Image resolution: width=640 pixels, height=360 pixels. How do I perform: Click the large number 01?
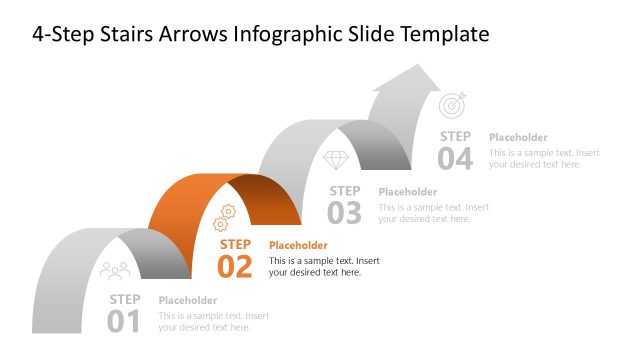pyautogui.click(x=124, y=321)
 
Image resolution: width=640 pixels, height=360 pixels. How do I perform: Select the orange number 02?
pyautogui.click(x=235, y=267)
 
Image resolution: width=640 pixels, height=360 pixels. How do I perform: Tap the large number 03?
pyautogui.click(x=344, y=212)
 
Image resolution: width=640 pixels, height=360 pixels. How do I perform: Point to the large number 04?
pyautogui.click(x=454, y=158)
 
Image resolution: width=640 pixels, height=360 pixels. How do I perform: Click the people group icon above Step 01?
pyautogui.click(x=115, y=270)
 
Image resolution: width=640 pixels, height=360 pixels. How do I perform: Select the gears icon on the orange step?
pyautogui.click(x=225, y=216)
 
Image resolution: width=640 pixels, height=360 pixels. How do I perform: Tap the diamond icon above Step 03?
pyautogui.click(x=335, y=160)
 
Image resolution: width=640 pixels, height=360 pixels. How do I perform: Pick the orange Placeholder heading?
pyautogui.click(x=298, y=245)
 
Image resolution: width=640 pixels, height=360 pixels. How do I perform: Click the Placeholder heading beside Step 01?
pyautogui.click(x=188, y=300)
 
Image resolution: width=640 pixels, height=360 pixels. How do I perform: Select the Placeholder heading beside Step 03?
pyautogui.click(x=408, y=191)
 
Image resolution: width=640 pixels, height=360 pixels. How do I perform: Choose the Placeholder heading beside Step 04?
pyautogui.click(x=518, y=137)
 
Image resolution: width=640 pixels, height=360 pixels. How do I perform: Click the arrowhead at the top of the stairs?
pyautogui.click(x=416, y=78)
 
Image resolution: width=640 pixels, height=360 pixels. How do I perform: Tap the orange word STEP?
pyautogui.click(x=235, y=244)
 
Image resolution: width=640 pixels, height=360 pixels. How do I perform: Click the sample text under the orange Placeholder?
pyautogui.click(x=324, y=266)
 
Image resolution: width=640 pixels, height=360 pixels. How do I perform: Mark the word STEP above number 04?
pyautogui.click(x=455, y=136)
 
